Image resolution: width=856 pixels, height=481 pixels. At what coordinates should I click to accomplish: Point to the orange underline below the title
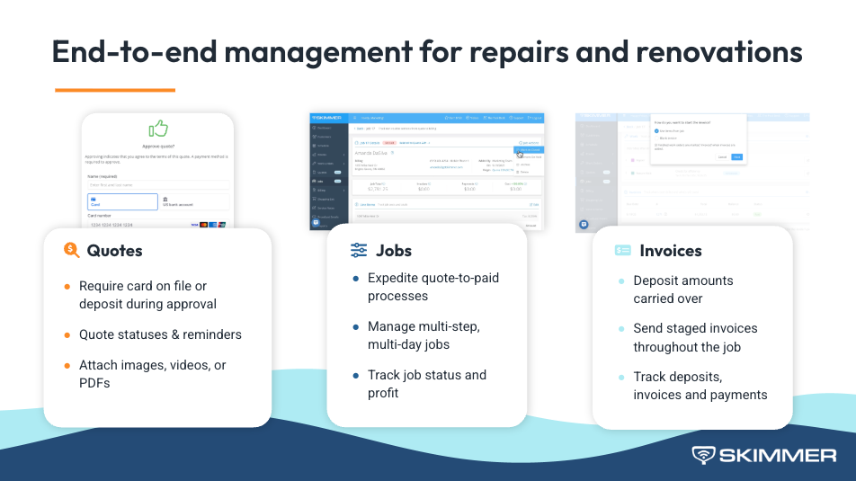(114, 90)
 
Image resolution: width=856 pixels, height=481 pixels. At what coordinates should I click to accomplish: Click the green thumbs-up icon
(158, 129)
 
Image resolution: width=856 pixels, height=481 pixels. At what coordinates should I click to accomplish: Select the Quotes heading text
(114, 251)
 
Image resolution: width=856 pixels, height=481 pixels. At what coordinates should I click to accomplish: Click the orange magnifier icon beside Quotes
(72, 251)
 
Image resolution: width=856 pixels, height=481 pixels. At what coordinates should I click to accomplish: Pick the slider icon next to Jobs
(359, 251)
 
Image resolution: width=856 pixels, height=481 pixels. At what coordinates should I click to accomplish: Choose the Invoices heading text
(670, 251)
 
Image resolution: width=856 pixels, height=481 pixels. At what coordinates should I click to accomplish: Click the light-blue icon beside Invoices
(622, 251)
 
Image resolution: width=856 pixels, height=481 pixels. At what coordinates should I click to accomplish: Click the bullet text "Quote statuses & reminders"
(160, 334)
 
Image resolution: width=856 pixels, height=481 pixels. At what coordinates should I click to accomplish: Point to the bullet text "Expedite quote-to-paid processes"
(432, 287)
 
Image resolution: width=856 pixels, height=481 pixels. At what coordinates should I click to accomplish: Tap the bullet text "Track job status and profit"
(426, 384)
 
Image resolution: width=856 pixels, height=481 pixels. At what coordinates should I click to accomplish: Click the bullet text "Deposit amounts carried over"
(682, 289)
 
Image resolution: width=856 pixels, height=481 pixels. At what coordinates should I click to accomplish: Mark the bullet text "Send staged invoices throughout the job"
(694, 337)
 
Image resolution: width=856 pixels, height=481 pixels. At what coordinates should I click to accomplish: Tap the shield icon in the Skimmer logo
(703, 455)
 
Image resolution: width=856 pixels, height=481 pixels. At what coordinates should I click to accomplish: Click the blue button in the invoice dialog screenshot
(737, 156)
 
